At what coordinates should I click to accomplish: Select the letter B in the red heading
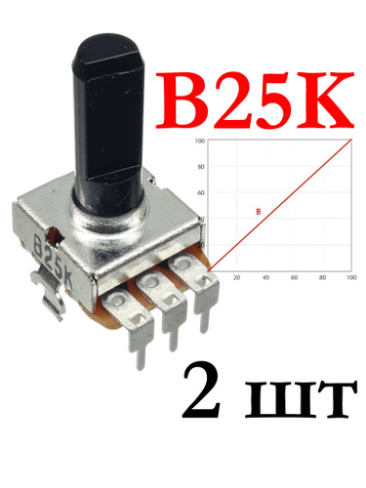pyautogui.click(x=183, y=100)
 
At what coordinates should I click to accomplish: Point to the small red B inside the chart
pyautogui.click(x=259, y=212)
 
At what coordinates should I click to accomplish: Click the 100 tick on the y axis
pyautogui.click(x=200, y=141)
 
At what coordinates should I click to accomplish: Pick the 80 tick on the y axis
pyautogui.click(x=201, y=167)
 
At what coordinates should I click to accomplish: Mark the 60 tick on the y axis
pyautogui.click(x=201, y=193)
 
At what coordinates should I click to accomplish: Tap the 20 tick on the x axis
pyautogui.click(x=237, y=277)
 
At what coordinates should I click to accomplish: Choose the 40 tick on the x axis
pyautogui.click(x=265, y=277)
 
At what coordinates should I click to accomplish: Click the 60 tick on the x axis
pyautogui.click(x=294, y=277)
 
